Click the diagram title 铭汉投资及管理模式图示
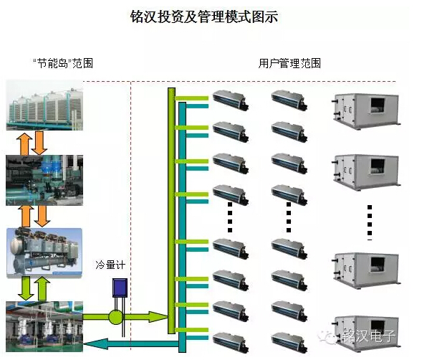[204, 17]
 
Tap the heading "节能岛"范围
[63, 63]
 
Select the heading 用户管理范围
[289, 63]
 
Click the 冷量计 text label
[110, 265]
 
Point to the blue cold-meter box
[120, 288]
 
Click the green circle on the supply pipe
[116, 317]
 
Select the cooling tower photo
[44, 105]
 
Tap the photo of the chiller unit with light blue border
[44, 253]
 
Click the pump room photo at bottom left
[44, 326]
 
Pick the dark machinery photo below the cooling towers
[44, 180]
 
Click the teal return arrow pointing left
[130, 344]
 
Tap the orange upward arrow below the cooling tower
[24, 143]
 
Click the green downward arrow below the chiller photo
[26, 288]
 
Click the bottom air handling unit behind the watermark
[365, 332]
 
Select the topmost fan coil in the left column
[231, 100]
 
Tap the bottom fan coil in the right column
[289, 342]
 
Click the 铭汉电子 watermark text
[369, 335]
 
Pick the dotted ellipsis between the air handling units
[370, 222]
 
